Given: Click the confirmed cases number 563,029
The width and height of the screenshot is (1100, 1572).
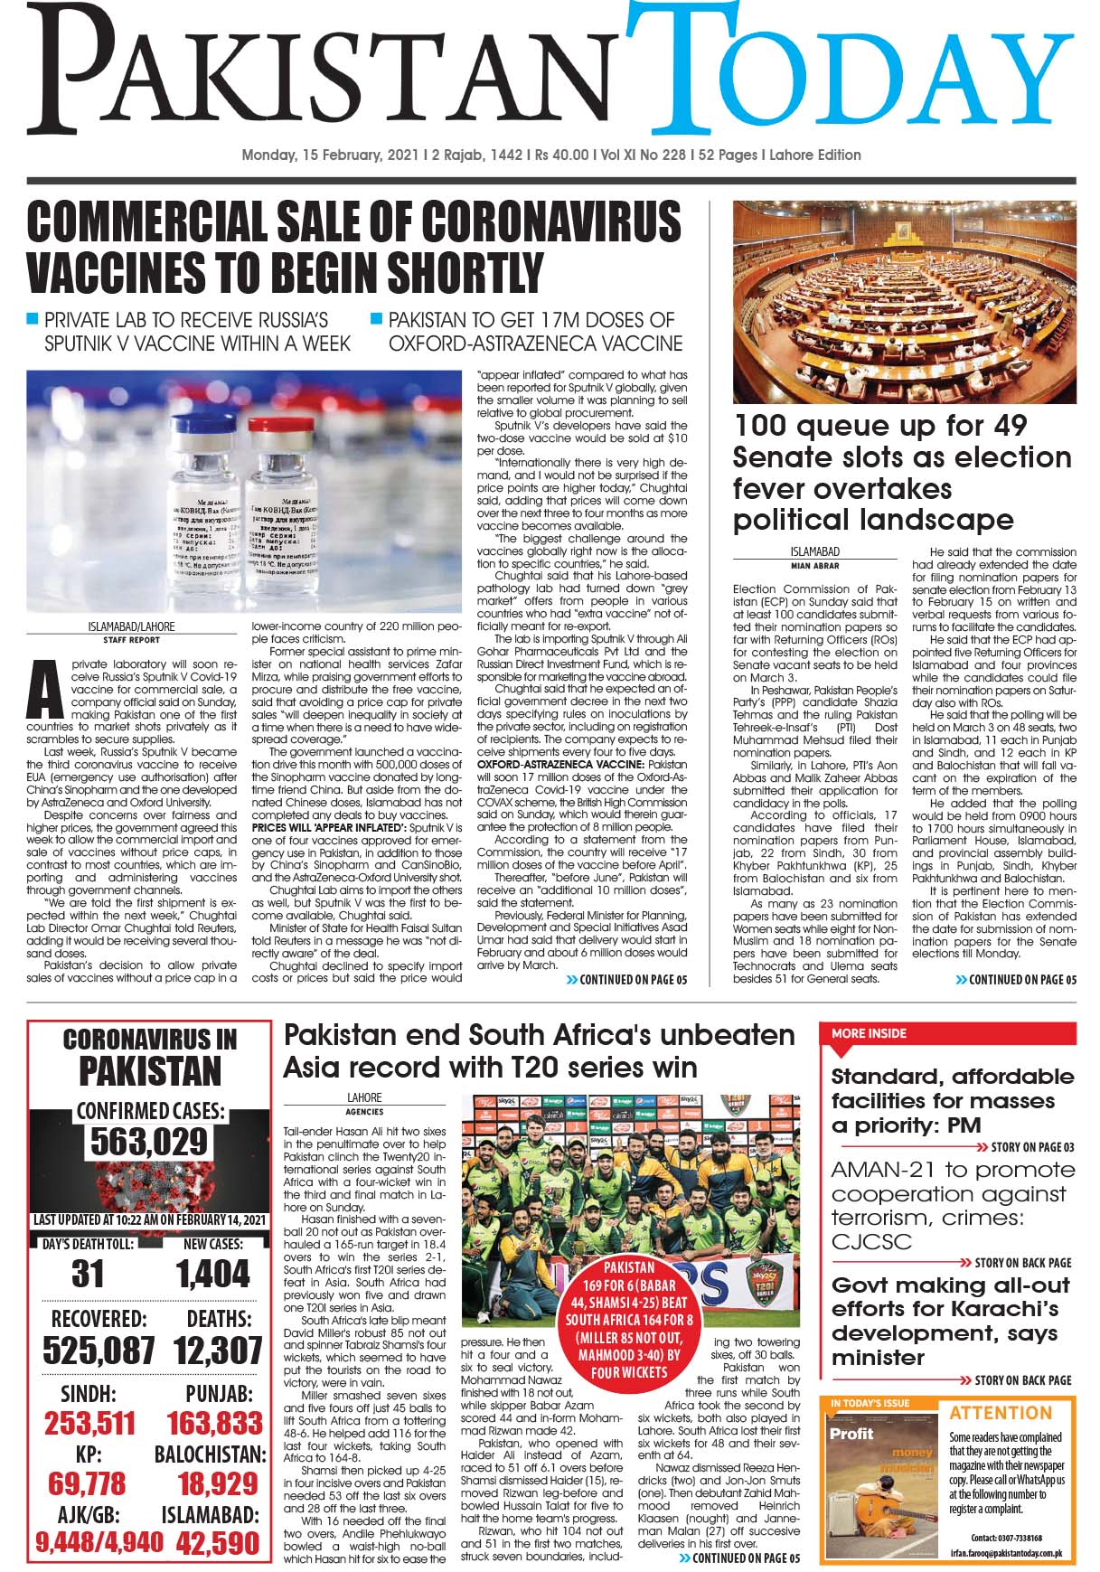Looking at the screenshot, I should [x=149, y=1143].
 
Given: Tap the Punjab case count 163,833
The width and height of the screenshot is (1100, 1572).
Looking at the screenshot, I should [x=214, y=1424].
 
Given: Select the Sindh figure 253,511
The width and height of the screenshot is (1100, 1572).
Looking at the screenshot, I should [x=89, y=1424].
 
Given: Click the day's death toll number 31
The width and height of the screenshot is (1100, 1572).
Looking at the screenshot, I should [x=87, y=1275].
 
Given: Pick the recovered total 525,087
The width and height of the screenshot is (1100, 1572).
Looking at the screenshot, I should [x=99, y=1351].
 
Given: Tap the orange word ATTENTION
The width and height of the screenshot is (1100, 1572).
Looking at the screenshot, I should [x=1001, y=1413].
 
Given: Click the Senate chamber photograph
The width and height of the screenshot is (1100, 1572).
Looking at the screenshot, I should [x=904, y=302].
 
